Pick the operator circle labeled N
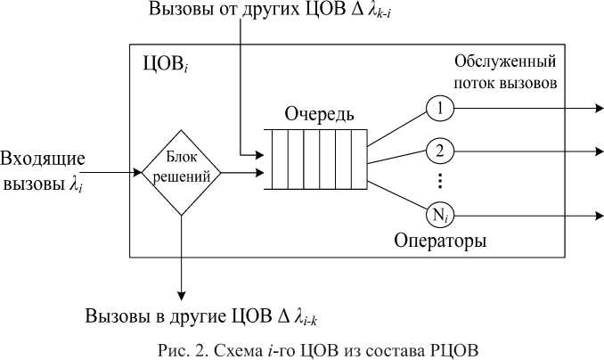(439, 215)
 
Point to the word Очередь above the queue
(319, 115)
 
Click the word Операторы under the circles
(441, 241)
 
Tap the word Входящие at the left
(43, 160)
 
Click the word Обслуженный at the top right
(505, 62)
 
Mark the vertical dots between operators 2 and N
(439, 181)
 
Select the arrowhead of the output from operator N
(598, 215)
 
